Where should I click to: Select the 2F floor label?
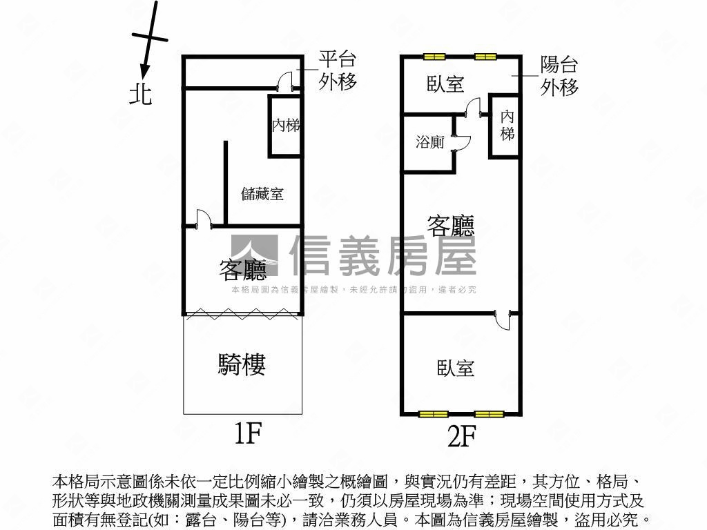pyautogui.click(x=461, y=435)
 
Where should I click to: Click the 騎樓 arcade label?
pyautogui.click(x=242, y=364)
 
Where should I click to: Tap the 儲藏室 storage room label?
pyautogui.click(x=262, y=194)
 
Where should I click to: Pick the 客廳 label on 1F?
pyautogui.click(x=242, y=269)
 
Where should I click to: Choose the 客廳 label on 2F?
pyautogui.click(x=451, y=225)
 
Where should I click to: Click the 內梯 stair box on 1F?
pyautogui.click(x=285, y=126)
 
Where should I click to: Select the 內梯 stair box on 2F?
pyautogui.click(x=507, y=126)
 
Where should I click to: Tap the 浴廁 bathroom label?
pyautogui.click(x=429, y=142)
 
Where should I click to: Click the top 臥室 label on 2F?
pyautogui.click(x=445, y=84)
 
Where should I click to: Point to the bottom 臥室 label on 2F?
pyautogui.click(x=456, y=367)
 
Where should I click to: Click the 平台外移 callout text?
pyautogui.click(x=338, y=70)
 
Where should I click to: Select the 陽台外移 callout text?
pyautogui.click(x=559, y=76)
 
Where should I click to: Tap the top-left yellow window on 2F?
pyautogui.click(x=434, y=57)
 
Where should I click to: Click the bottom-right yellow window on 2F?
pyautogui.click(x=488, y=414)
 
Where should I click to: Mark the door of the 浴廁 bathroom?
pyautogui.click(x=461, y=142)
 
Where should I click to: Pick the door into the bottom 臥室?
pyautogui.click(x=503, y=320)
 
